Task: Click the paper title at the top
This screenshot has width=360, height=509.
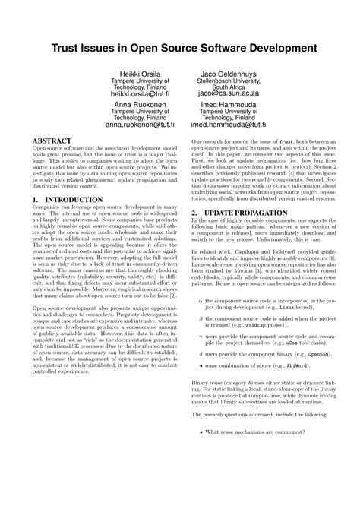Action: [x=179, y=47]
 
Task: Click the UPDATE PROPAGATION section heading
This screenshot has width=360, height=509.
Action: [x=245, y=213]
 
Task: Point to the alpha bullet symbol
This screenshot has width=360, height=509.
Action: [x=200, y=321]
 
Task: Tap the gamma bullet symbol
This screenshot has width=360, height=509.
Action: [x=200, y=357]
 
